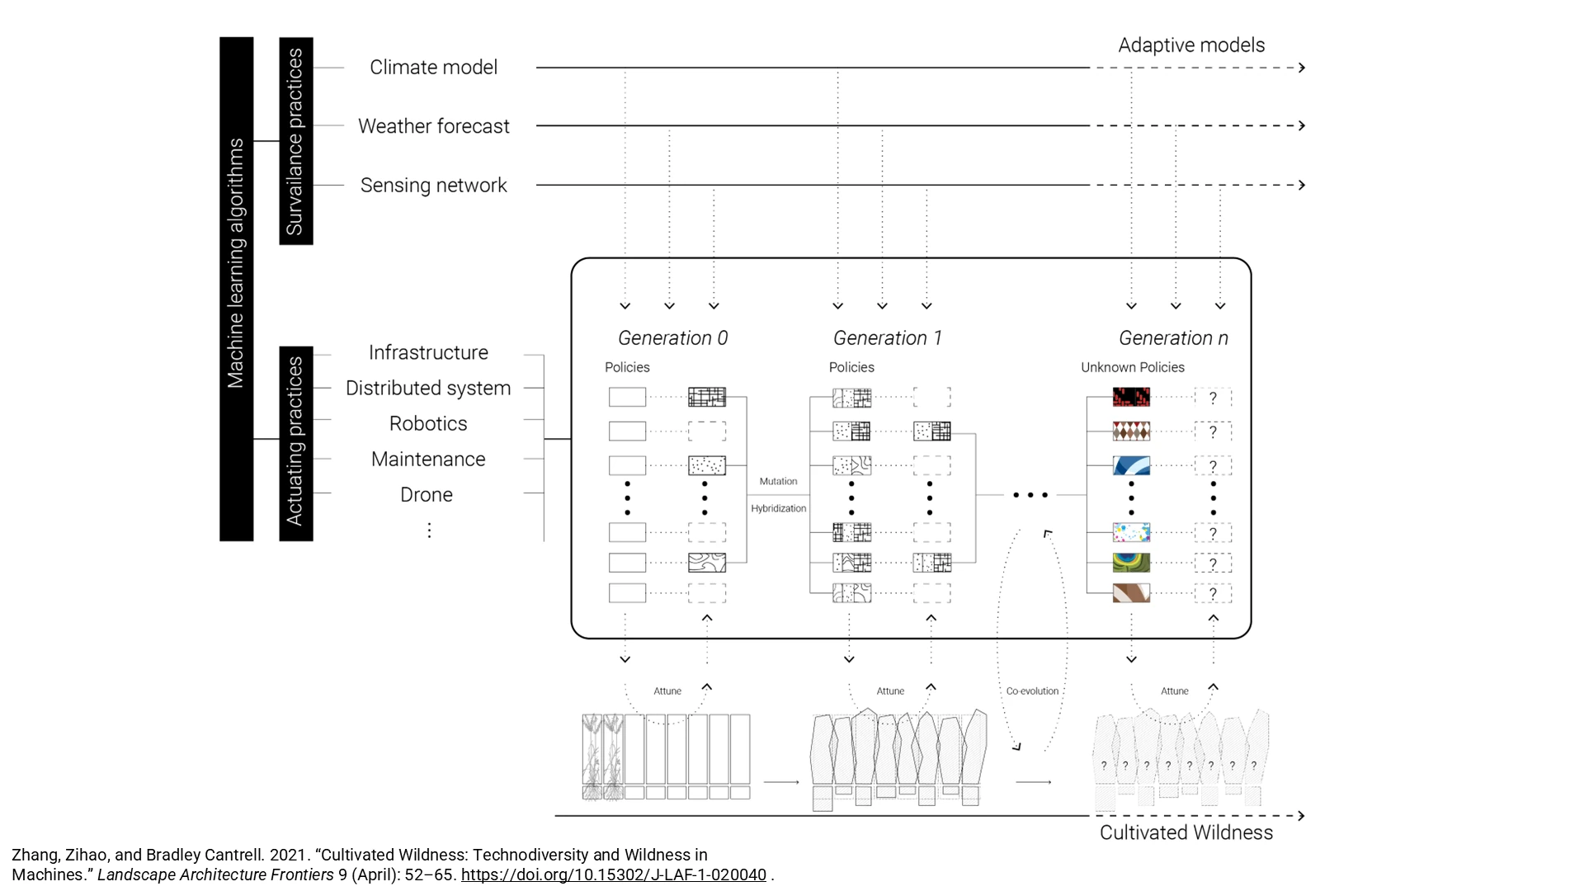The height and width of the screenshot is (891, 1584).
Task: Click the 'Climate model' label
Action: [x=433, y=67]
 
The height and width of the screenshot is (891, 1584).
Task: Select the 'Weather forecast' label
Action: [x=433, y=126]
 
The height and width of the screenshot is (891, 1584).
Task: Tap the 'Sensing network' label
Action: [x=433, y=186]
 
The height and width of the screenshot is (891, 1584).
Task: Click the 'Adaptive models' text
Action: [x=1191, y=45]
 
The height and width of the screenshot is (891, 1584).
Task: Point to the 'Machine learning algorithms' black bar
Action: [x=236, y=289]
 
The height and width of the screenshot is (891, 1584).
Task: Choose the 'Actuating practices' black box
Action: [x=296, y=444]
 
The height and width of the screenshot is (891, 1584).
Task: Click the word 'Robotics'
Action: [x=428, y=423]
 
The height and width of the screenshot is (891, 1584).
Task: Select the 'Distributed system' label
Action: [x=428, y=389]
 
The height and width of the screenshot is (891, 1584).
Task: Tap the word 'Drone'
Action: [x=427, y=494]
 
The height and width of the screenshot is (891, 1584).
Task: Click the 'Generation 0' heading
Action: [x=673, y=338]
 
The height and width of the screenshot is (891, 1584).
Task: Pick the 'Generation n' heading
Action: [x=1173, y=338]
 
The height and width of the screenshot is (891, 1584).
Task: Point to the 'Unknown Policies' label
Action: [x=1133, y=367]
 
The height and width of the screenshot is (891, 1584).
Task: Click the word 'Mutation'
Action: [x=778, y=481]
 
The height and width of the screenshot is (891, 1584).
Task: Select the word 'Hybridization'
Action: [x=778, y=508]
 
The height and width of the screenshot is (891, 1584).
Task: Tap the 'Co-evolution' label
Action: [x=1032, y=691]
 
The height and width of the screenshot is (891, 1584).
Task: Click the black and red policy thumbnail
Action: [x=1131, y=397]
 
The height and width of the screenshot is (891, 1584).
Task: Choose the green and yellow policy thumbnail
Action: [x=1131, y=563]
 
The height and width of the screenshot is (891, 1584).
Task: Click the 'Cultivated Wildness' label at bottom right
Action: [x=1186, y=832]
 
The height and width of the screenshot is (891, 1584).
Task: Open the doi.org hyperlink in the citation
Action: [x=614, y=874]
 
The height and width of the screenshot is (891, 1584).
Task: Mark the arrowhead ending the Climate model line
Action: [x=1302, y=68]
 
